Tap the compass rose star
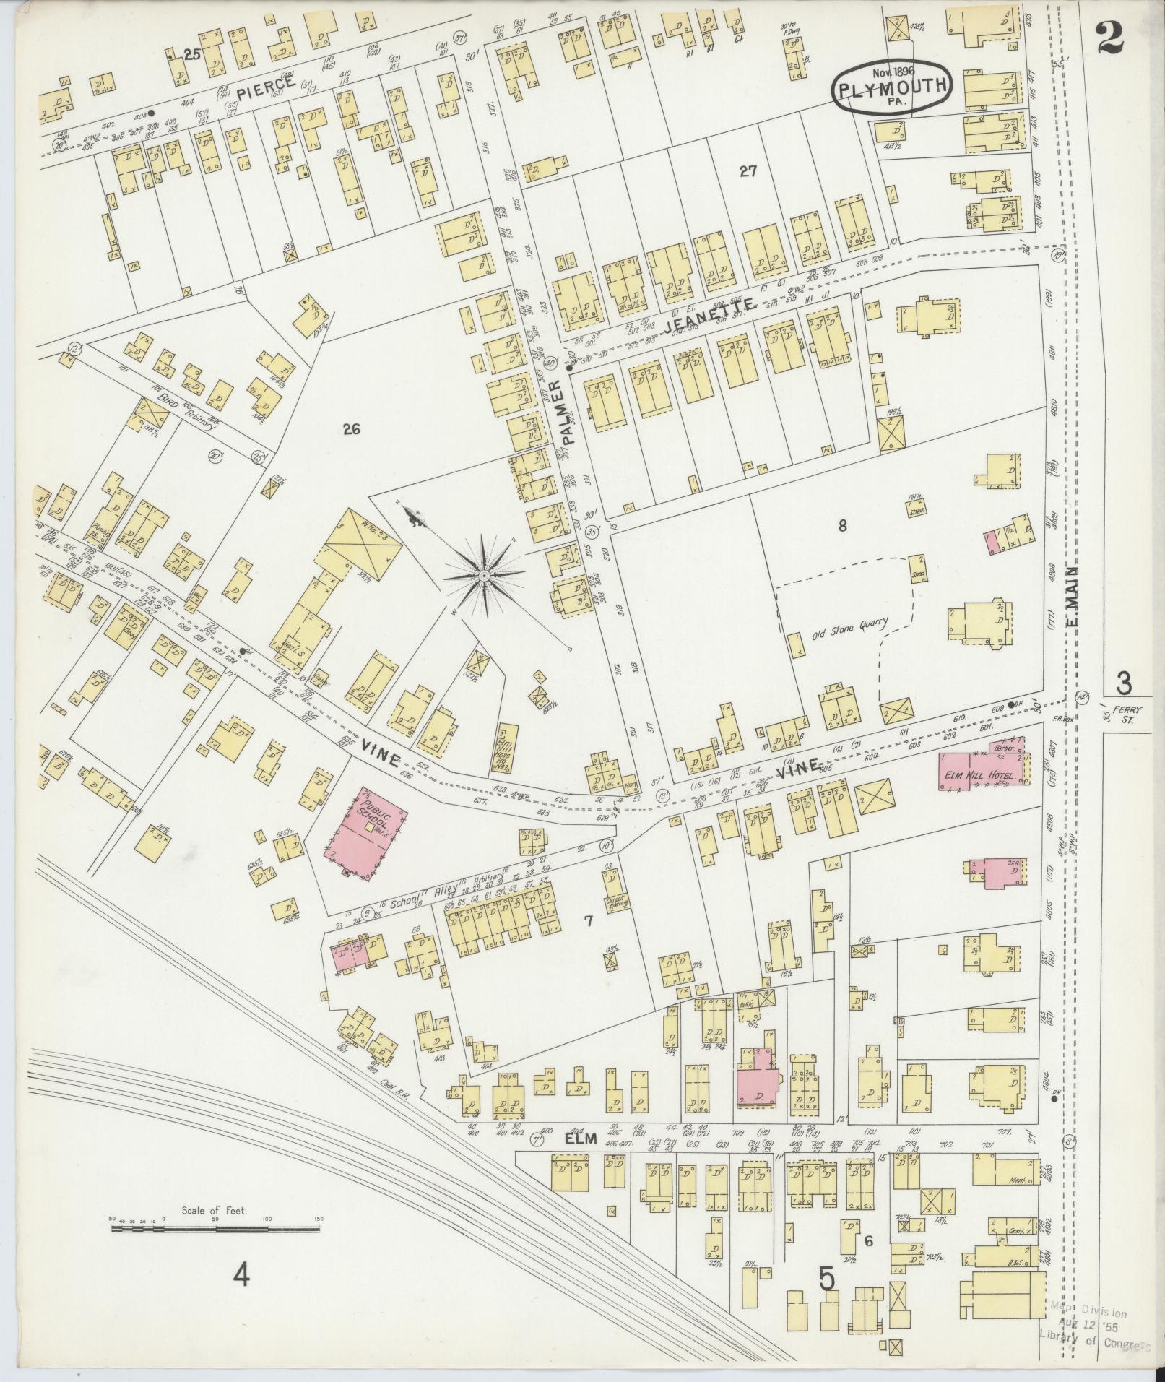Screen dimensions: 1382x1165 tap(482, 574)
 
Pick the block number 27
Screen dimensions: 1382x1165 tap(748, 171)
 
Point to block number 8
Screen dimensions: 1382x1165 tap(842, 526)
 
